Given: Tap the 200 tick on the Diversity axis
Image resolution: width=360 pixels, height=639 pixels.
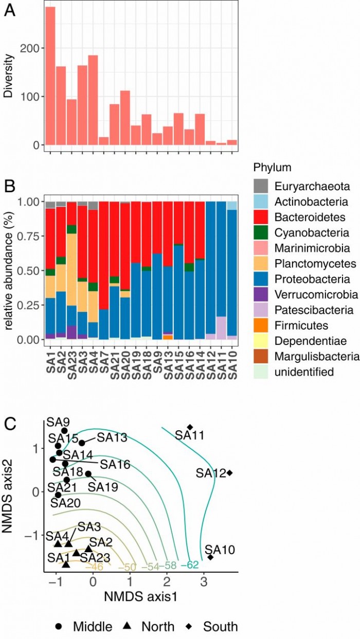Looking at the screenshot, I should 32,48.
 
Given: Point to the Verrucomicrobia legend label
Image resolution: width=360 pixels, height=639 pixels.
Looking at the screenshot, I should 315,295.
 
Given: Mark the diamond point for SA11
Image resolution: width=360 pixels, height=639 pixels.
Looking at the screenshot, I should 190,427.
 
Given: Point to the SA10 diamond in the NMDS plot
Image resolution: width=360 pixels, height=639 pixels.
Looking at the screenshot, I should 210,557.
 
